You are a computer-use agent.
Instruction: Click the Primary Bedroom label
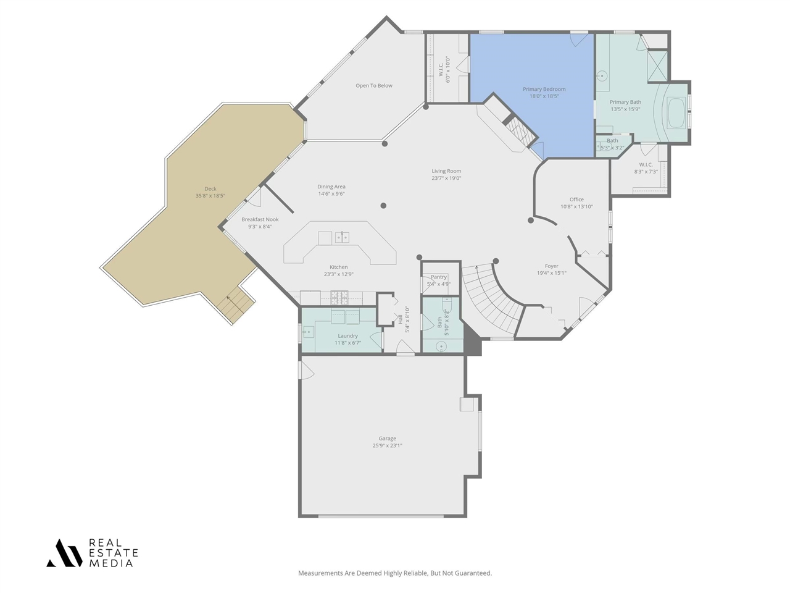(544, 89)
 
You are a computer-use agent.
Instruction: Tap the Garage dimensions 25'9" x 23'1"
(387, 445)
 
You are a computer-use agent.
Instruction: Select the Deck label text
(210, 189)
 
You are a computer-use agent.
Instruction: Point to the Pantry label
(439, 277)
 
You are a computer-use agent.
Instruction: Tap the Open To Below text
(374, 86)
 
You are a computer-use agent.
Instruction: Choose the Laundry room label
(347, 336)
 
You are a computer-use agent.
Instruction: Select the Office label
(576, 200)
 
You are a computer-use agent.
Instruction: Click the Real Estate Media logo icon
(64, 553)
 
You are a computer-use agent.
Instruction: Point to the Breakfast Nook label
(260, 219)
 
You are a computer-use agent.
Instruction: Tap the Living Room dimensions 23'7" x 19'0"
(446, 179)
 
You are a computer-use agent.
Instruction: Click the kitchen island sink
(342, 237)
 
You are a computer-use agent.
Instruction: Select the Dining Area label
(331, 187)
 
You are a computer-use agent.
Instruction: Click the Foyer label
(551, 266)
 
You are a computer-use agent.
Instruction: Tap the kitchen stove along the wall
(339, 298)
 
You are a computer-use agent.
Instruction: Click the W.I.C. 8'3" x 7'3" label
(646, 165)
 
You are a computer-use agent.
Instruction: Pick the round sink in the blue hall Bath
(441, 347)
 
